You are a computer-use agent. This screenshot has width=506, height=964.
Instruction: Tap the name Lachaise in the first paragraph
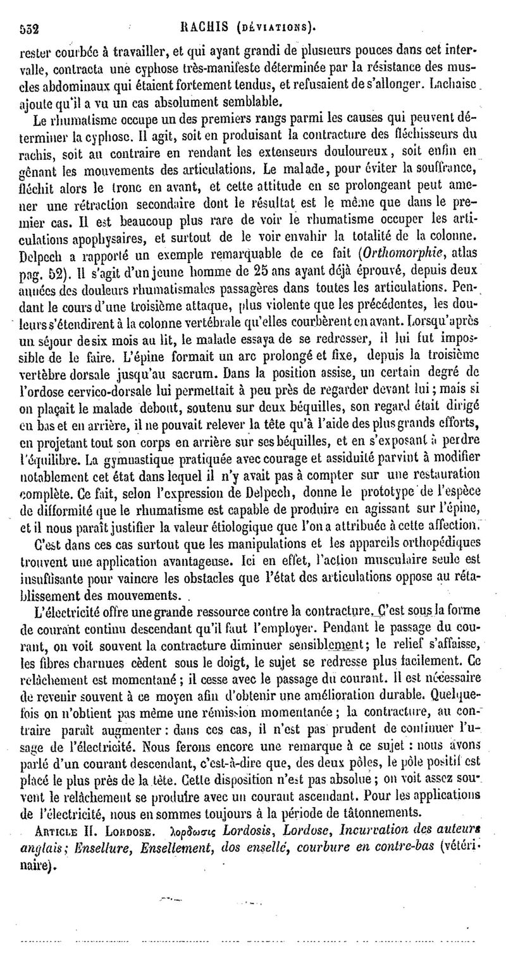click(x=462, y=83)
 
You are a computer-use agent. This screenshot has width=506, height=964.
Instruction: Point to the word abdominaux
click(x=60, y=83)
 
